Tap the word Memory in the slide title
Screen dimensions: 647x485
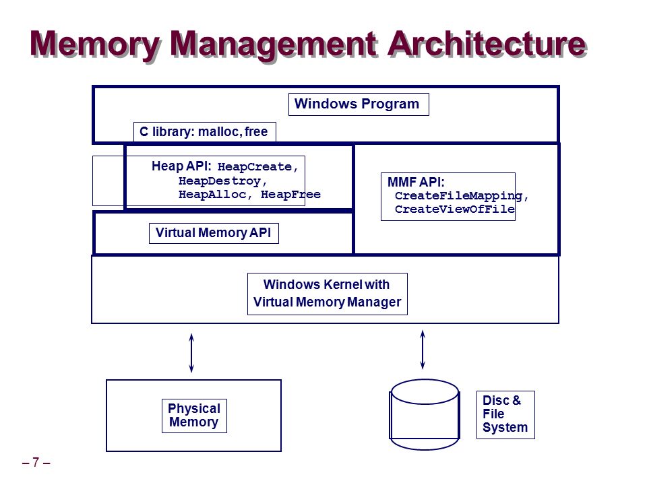point(94,45)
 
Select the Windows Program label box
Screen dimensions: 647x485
point(359,104)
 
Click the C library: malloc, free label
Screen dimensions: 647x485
point(205,132)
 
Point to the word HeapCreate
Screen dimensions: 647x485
point(255,166)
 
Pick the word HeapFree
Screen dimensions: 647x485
point(290,194)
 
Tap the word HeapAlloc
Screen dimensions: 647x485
point(212,194)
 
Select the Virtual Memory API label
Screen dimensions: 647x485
point(214,233)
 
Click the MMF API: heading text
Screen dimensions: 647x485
point(416,182)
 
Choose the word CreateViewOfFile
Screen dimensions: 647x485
point(454,209)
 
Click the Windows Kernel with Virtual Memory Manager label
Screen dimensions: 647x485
point(328,294)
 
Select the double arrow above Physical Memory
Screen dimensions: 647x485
point(191,353)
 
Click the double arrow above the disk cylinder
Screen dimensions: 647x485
point(423,350)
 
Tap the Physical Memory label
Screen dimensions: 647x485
point(194,416)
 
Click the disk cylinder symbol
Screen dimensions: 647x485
point(425,414)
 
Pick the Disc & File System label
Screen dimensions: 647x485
point(505,414)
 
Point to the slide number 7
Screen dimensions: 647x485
point(36,462)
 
